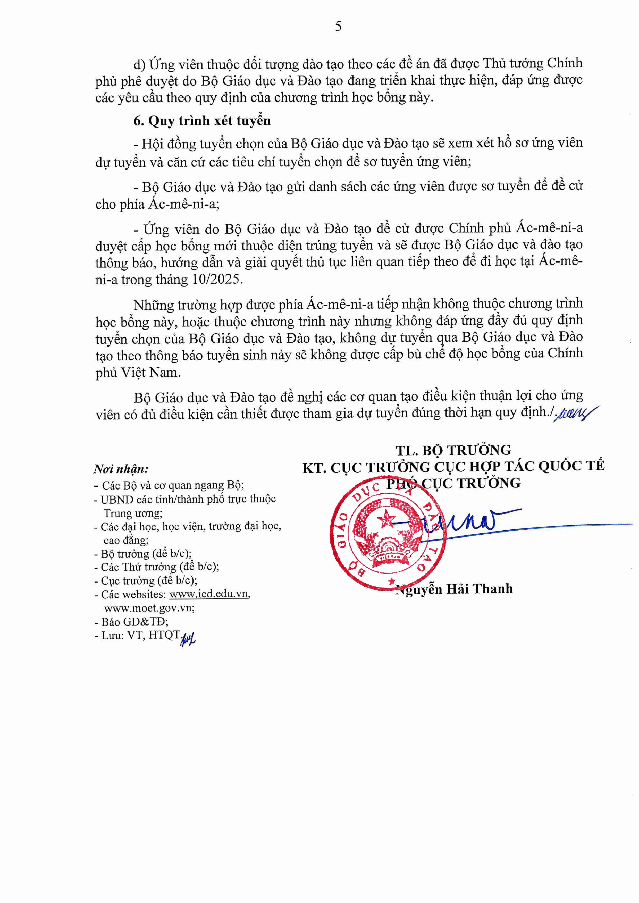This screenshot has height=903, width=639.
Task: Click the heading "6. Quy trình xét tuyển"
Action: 202,121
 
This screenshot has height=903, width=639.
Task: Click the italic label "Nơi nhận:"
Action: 121,469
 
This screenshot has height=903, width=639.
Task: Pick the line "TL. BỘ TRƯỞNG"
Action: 453,450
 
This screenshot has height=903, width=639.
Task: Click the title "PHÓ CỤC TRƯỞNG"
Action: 453,483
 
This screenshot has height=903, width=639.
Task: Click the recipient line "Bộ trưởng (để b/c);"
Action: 143,554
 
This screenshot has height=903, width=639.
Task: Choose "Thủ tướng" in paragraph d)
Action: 511,63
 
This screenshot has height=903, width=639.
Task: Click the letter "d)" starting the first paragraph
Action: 140,64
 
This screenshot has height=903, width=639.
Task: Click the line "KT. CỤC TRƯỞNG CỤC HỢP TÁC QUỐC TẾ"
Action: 453,467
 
